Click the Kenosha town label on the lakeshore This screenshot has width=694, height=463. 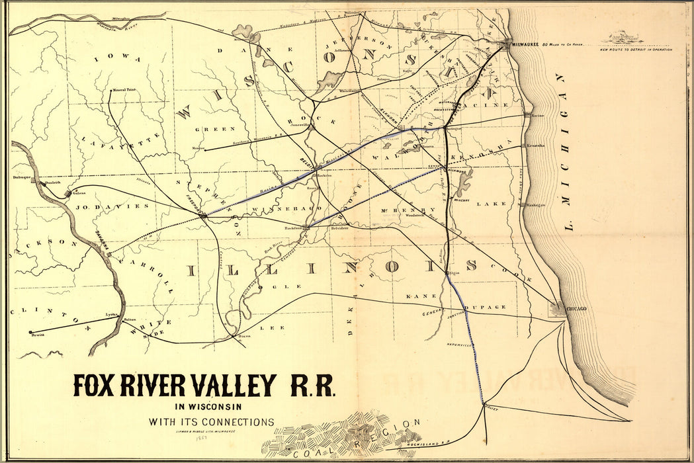click(x=537, y=146)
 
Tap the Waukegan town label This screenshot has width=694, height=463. click(x=536, y=205)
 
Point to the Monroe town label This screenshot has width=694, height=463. click(x=196, y=147)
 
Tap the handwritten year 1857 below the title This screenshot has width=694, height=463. click(x=196, y=437)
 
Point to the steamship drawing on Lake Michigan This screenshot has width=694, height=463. click(x=626, y=38)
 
